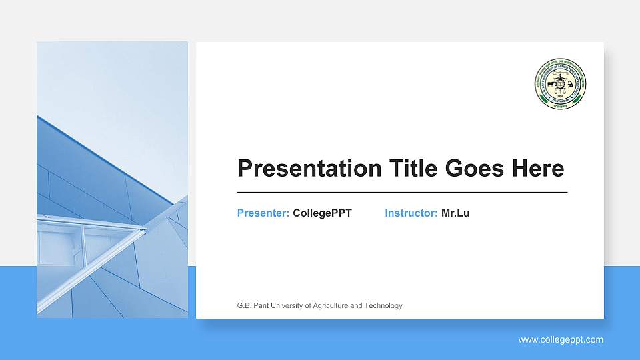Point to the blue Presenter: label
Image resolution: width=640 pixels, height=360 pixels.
(263, 213)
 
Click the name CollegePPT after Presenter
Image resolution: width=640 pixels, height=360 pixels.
(322, 213)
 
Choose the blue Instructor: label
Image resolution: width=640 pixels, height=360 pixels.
(411, 213)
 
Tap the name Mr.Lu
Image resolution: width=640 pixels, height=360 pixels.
(455, 213)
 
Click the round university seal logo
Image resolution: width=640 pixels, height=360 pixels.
(560, 84)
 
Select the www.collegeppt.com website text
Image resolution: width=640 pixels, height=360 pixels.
(561, 340)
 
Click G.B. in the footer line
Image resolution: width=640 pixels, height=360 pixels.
(244, 306)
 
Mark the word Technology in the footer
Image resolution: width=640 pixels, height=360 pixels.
(385, 306)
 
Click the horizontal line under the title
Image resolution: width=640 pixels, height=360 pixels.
(402, 192)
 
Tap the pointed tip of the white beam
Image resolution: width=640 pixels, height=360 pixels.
(145, 230)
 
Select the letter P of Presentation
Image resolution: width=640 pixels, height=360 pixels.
(244, 169)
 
